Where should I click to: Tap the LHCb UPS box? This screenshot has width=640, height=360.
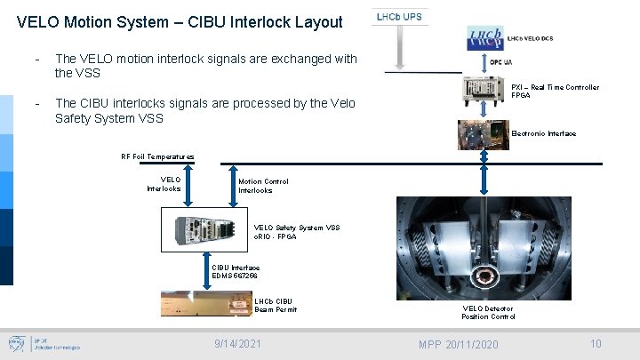pos(400,17)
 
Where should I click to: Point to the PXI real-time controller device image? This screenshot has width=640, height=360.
pos(485,87)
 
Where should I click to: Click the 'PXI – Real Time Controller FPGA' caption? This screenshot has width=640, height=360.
pos(555,91)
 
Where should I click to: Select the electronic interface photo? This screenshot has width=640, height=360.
pos(484,134)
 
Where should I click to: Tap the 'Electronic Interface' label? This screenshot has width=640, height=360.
pos(544,133)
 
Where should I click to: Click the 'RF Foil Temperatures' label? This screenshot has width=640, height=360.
pos(157,156)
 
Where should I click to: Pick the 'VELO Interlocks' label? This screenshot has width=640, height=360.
pos(164,184)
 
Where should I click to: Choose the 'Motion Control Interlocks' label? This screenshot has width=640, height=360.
pos(263,186)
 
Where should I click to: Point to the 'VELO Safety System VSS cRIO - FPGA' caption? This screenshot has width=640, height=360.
pos(297,231)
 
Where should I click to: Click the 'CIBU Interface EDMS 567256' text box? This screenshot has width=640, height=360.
pos(236,271)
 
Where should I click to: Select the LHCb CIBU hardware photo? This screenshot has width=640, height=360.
pos(206,303)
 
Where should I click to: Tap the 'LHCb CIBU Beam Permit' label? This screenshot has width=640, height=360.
pos(276,305)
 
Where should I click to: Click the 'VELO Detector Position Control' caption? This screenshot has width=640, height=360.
pos(488,312)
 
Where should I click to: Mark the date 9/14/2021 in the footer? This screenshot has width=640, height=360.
pos(238,342)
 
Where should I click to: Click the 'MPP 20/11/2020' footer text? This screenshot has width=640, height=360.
pos(459,344)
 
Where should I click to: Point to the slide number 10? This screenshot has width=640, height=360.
pos(596,343)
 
